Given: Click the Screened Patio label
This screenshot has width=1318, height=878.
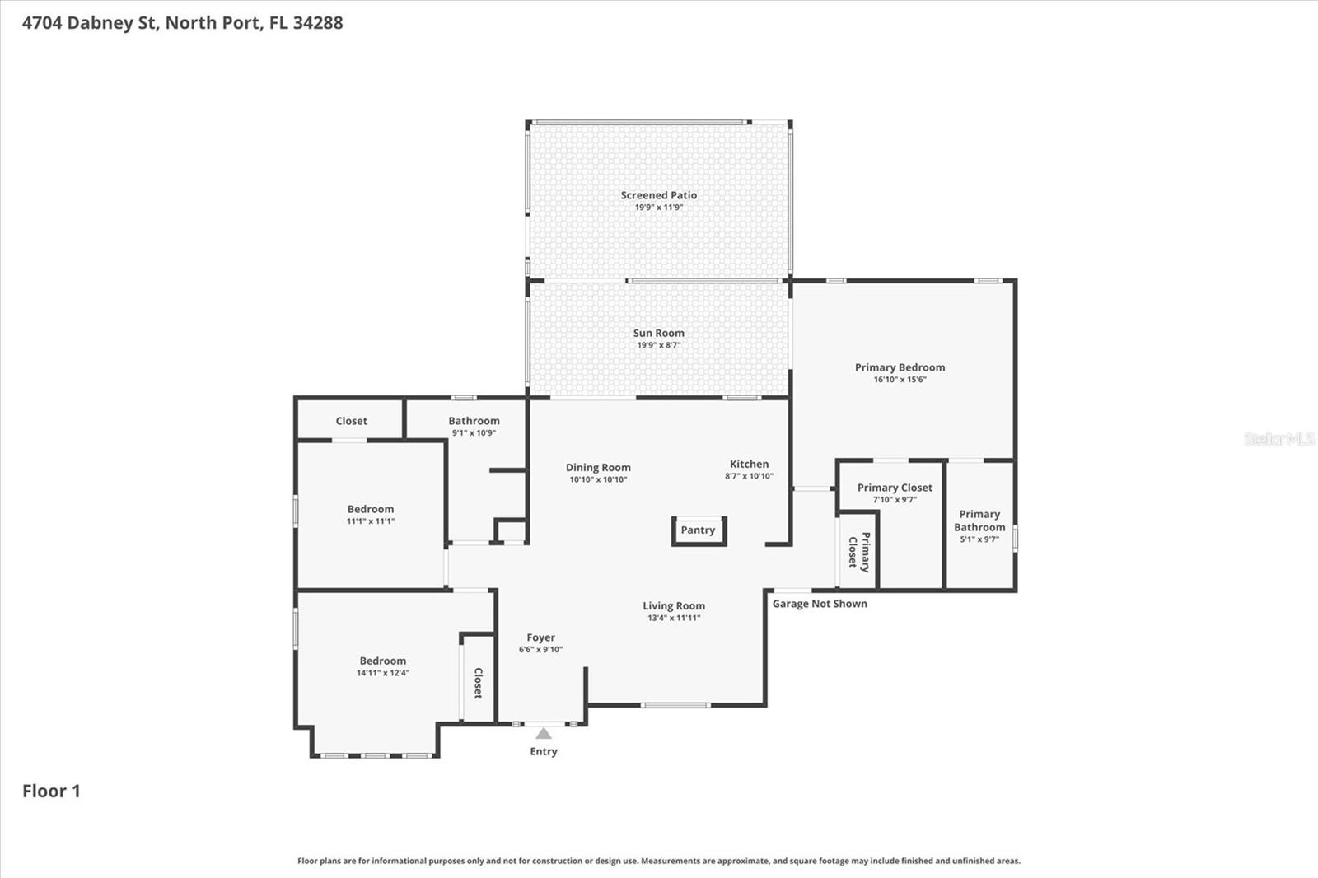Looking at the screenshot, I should (658, 195).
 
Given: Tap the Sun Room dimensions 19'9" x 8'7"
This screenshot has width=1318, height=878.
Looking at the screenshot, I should (658, 345).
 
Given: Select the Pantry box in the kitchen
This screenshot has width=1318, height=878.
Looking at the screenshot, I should (699, 530).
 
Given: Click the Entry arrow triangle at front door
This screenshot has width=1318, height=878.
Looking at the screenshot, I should (544, 733).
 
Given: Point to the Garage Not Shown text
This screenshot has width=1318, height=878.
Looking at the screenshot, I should (820, 604).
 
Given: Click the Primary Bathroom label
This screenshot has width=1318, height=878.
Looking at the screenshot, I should (979, 521).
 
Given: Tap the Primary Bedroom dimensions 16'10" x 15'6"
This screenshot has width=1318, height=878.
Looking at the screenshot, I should (900, 380).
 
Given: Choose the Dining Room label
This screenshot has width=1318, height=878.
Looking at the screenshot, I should (598, 467).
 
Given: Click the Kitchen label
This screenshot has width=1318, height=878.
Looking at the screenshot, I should (749, 464).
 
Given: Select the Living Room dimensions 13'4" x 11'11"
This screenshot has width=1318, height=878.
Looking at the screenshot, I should (674, 618).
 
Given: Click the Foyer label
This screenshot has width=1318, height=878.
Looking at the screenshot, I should (540, 637).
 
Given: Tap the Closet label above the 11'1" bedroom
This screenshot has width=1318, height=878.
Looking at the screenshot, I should (351, 421).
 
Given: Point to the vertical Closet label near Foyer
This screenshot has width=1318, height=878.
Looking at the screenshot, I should (478, 683).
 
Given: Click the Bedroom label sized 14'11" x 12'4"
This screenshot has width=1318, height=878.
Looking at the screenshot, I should (382, 661).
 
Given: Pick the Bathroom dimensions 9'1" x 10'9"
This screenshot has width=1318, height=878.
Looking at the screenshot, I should (474, 432).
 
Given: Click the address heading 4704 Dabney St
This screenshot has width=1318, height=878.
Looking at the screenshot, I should (182, 23).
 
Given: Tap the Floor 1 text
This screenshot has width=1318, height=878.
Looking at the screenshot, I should (51, 791).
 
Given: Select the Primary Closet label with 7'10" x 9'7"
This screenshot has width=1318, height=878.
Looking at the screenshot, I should (895, 488).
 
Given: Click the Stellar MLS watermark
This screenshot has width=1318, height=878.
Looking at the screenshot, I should (1278, 439).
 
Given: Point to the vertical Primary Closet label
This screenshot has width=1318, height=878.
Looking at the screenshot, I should (859, 552).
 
